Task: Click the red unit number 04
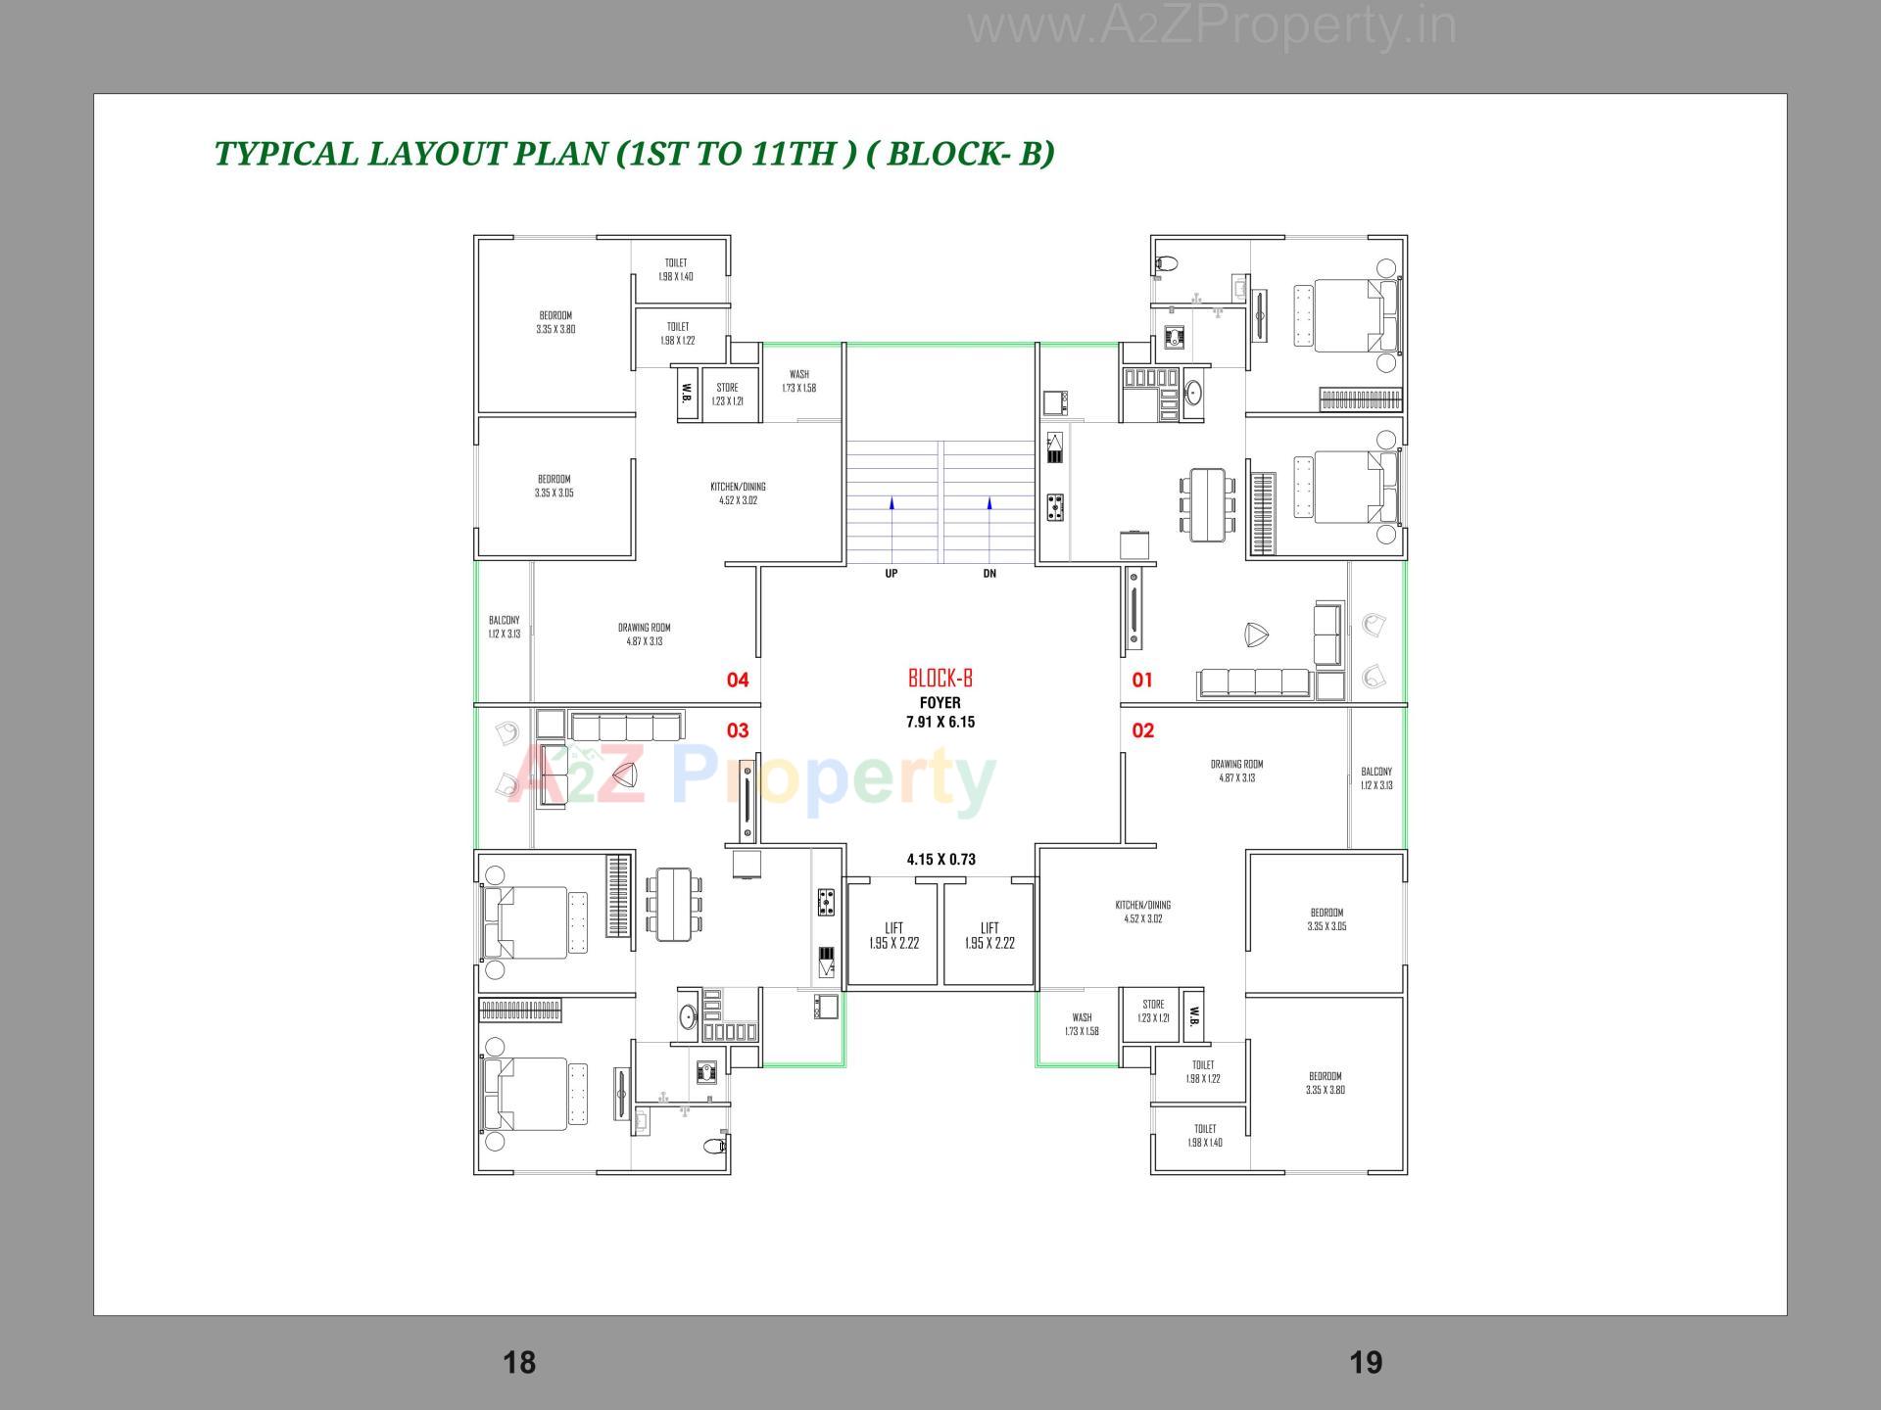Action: coord(737,680)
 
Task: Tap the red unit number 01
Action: coord(1142,680)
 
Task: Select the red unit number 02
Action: coord(1142,730)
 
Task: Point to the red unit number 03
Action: coord(737,730)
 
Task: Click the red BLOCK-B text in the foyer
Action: coord(940,678)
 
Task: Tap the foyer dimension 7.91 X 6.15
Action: coord(940,722)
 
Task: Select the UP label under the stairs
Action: coord(891,574)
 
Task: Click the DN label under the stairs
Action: coord(989,574)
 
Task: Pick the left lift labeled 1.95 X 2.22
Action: coord(893,936)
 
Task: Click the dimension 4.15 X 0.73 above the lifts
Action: coord(940,860)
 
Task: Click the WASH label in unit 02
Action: coord(1082,1018)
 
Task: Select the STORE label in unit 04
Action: coord(727,388)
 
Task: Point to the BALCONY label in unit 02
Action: coord(1375,772)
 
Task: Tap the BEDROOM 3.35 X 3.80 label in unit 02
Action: coord(1325,1082)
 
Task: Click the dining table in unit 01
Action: coord(1206,504)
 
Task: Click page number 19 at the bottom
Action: coord(1365,1362)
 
